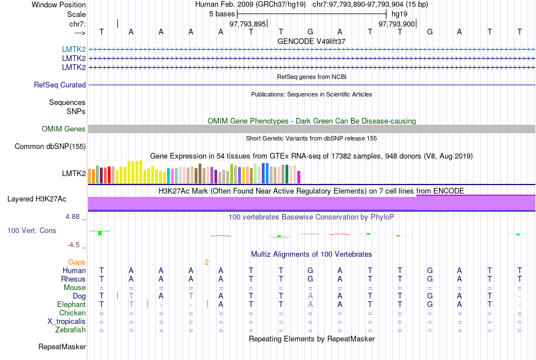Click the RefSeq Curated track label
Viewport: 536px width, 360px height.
[x=60, y=85]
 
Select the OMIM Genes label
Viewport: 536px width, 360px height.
[x=64, y=129]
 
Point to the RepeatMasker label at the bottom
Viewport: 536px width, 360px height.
[x=62, y=346]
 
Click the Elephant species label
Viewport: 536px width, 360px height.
[x=71, y=305]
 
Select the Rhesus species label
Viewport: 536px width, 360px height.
[x=74, y=279]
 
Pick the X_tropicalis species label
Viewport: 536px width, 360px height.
[x=67, y=322]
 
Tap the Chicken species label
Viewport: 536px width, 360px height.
[x=73, y=313]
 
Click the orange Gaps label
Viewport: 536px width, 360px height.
[x=77, y=262]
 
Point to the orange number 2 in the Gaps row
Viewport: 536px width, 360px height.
[x=207, y=262]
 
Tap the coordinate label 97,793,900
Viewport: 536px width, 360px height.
[x=397, y=24]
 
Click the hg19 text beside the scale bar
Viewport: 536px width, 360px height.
[x=399, y=14]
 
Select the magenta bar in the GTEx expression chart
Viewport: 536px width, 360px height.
[x=299, y=177]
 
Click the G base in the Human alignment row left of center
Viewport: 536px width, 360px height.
[x=310, y=271]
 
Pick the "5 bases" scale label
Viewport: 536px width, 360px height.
[x=221, y=14]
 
